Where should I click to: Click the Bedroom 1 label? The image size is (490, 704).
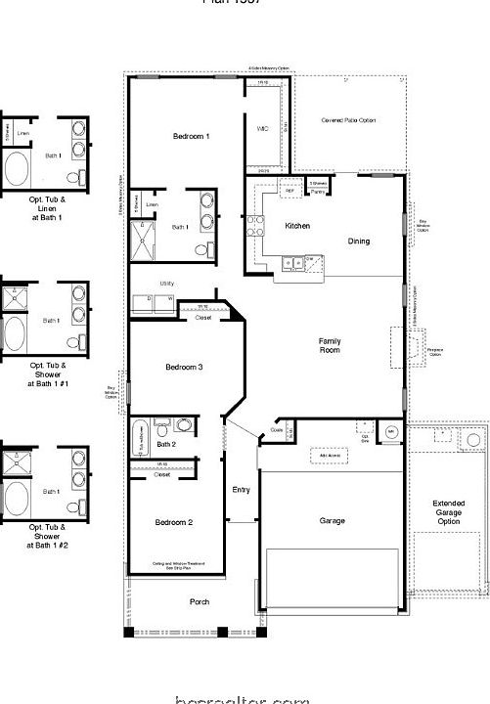click(x=192, y=135)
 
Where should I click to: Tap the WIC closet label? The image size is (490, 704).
click(x=262, y=128)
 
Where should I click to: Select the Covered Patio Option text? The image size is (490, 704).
click(x=347, y=120)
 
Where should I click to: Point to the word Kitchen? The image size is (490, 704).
click(x=297, y=226)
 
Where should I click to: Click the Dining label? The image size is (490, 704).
click(x=358, y=241)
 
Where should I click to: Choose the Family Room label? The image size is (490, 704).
click(x=330, y=344)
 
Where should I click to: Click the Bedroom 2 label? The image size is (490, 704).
click(x=174, y=522)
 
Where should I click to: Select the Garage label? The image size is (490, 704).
click(x=332, y=521)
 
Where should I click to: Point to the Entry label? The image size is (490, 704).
click(x=241, y=489)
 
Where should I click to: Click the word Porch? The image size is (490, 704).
click(x=199, y=601)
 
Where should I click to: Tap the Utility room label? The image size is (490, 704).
click(x=167, y=283)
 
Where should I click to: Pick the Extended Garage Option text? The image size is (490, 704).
click(x=448, y=512)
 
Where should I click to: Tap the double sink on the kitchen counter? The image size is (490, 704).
click(x=290, y=261)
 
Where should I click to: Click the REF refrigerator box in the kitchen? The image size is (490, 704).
click(x=290, y=191)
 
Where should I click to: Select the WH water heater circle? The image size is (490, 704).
click(x=390, y=431)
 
